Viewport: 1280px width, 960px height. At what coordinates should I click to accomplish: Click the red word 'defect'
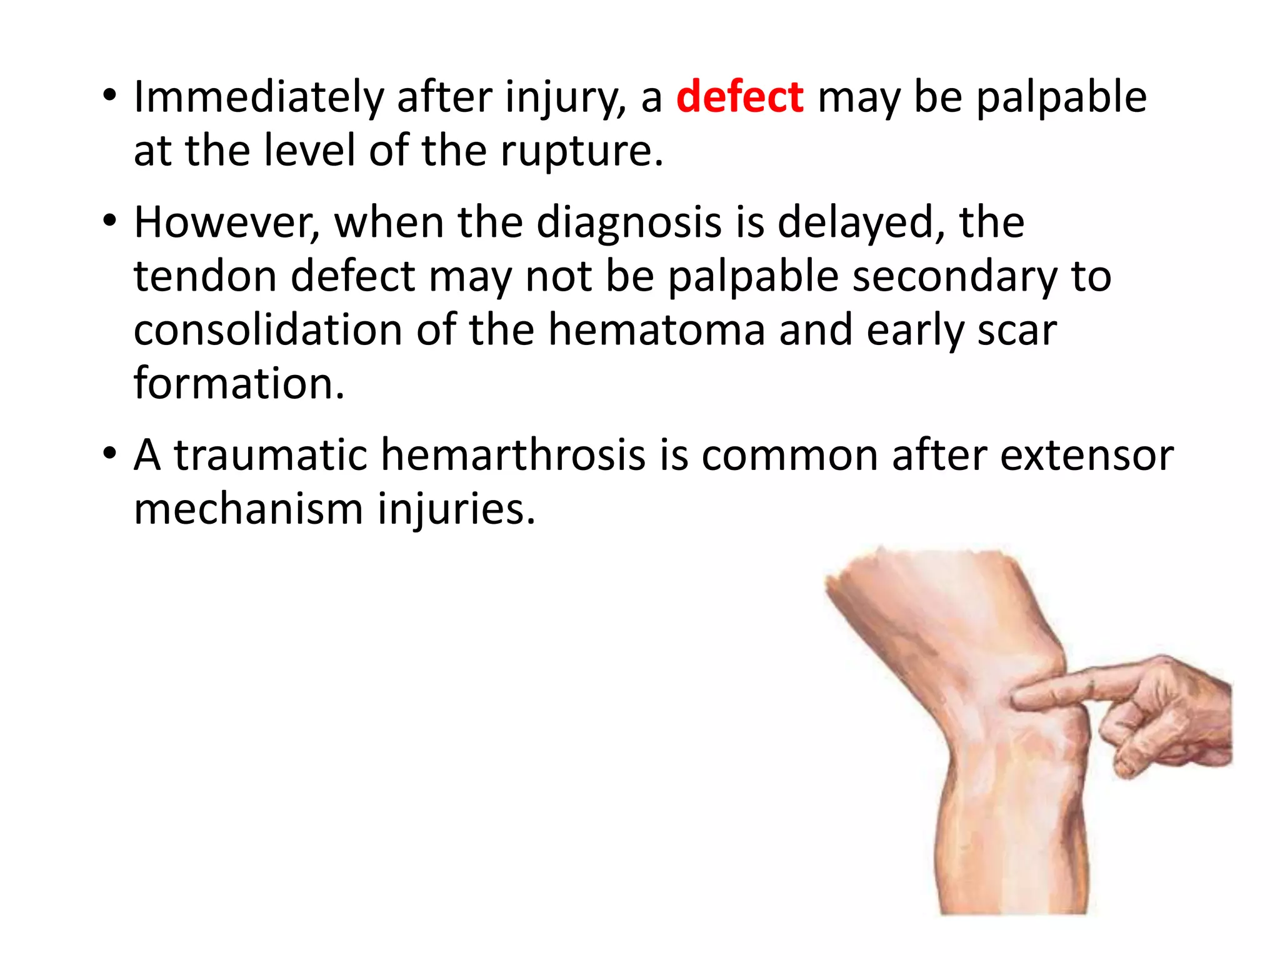[x=739, y=97]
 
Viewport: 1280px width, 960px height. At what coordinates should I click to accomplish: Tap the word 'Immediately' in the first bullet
[x=258, y=97]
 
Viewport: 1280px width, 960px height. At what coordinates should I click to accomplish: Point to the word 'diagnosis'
[x=629, y=222]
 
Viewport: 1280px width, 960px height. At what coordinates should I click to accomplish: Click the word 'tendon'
[x=205, y=276]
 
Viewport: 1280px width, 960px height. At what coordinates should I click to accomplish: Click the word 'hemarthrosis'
[x=512, y=455]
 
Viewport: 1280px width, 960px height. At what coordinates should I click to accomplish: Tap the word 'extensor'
[x=1087, y=455]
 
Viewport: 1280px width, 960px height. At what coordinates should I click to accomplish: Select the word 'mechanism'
[x=248, y=509]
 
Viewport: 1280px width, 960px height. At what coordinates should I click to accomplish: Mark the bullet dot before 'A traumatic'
[x=110, y=452]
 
